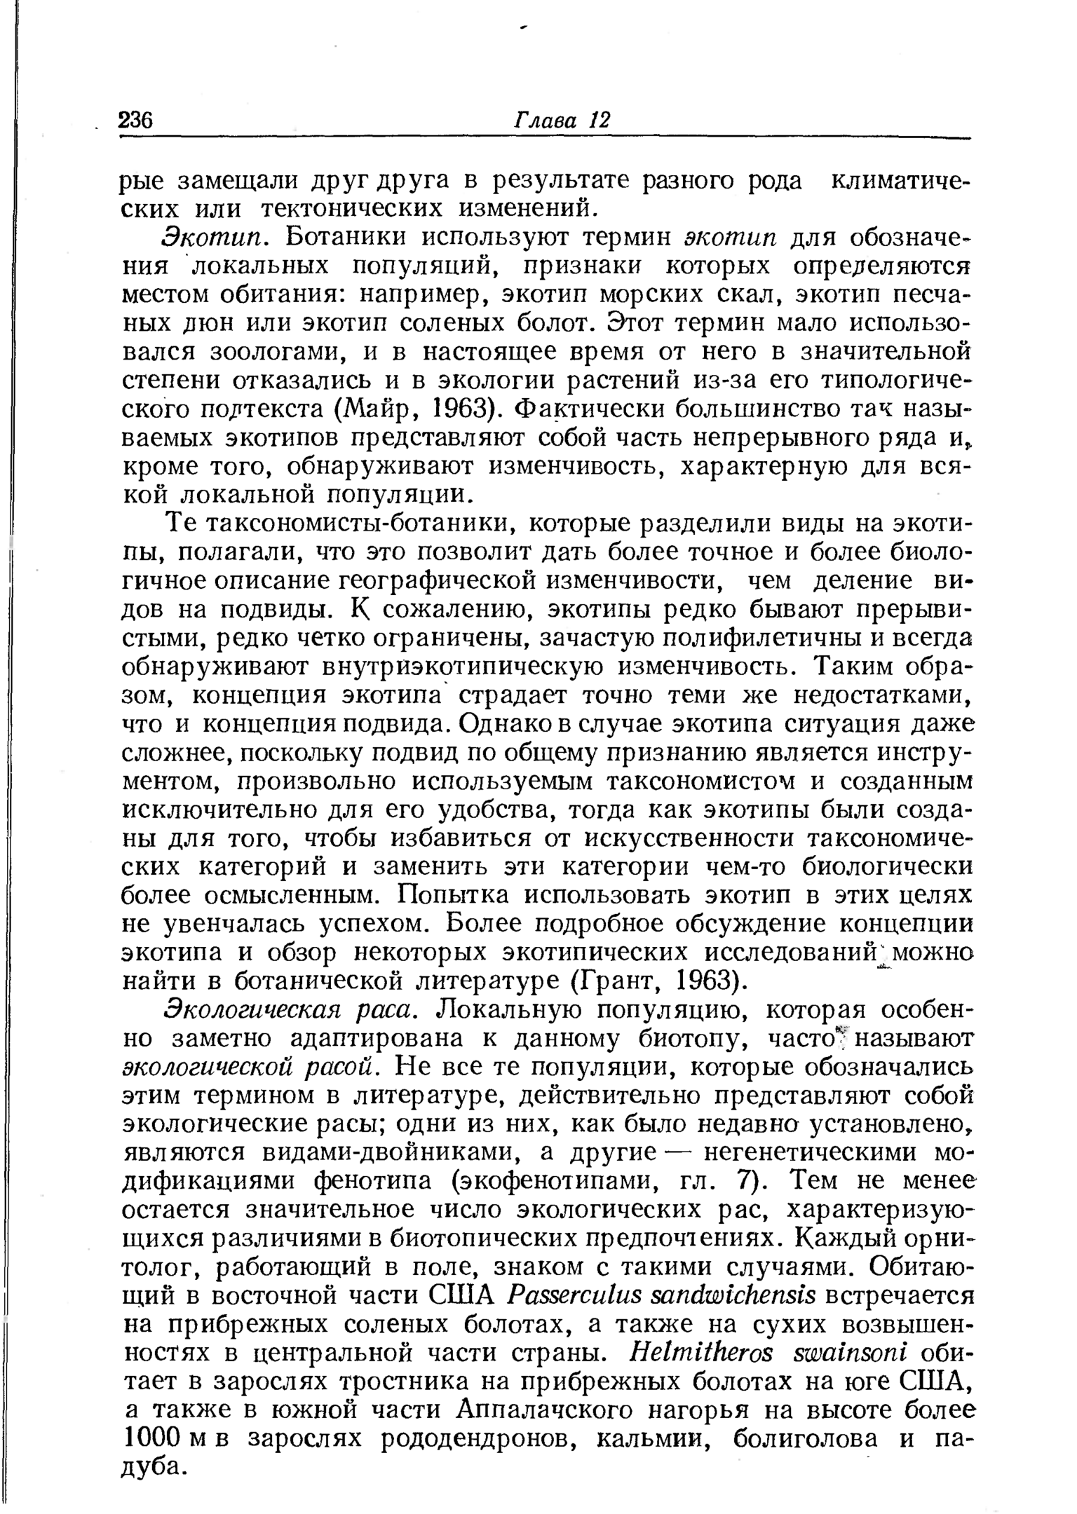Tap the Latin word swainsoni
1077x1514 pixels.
[x=834, y=1352]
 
